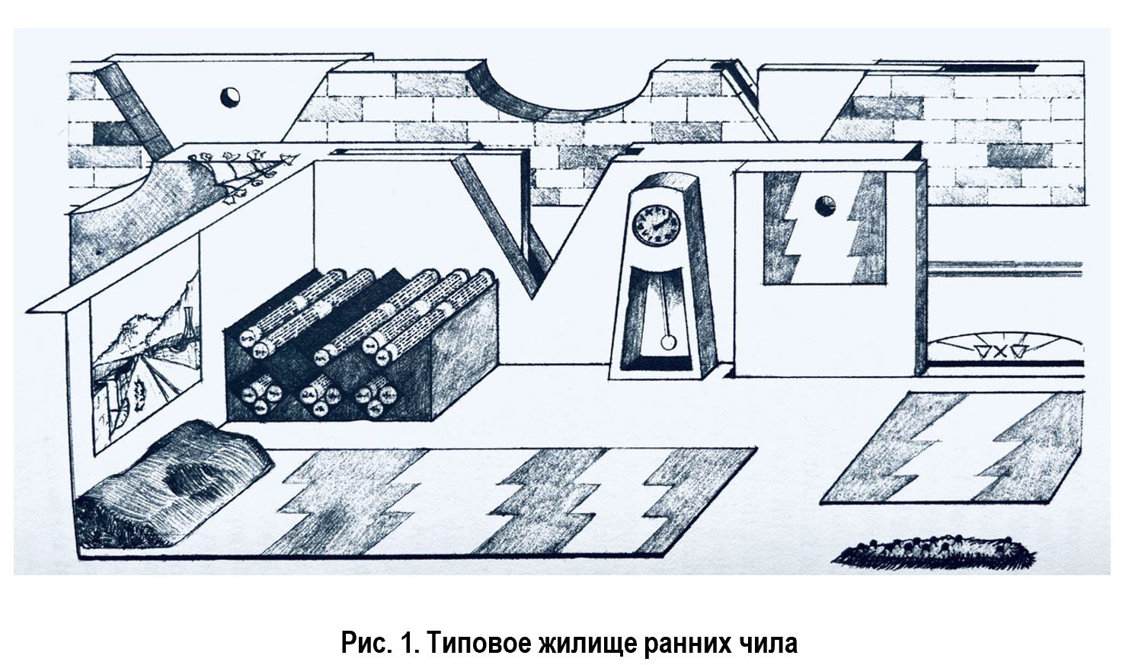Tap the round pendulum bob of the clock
click(668, 342)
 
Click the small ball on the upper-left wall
click(229, 97)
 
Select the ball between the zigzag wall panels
click(825, 205)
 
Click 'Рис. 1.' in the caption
click(377, 642)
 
